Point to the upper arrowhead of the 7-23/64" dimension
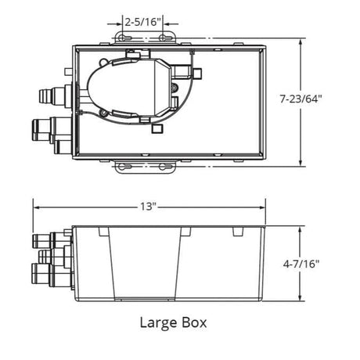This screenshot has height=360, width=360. point(302,38)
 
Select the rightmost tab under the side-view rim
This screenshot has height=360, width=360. point(236,233)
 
